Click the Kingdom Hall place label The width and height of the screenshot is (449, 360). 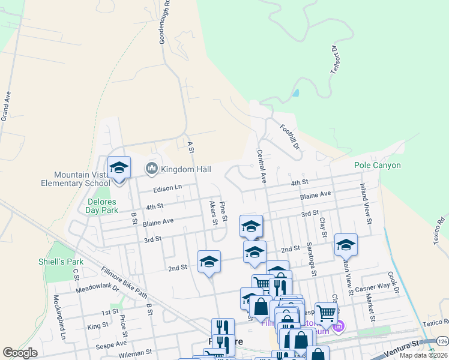[x=185, y=170]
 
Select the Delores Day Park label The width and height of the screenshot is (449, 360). [x=101, y=206]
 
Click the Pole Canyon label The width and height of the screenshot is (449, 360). [x=377, y=165]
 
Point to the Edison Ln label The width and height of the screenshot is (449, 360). [x=167, y=188]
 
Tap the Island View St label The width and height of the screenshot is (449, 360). [x=365, y=200]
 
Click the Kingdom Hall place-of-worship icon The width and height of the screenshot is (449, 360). [x=152, y=170]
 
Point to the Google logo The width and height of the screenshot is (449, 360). [x=20, y=353]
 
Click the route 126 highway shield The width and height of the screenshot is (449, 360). [x=443, y=340]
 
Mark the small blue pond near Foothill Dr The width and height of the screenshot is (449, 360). [x=295, y=93]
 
